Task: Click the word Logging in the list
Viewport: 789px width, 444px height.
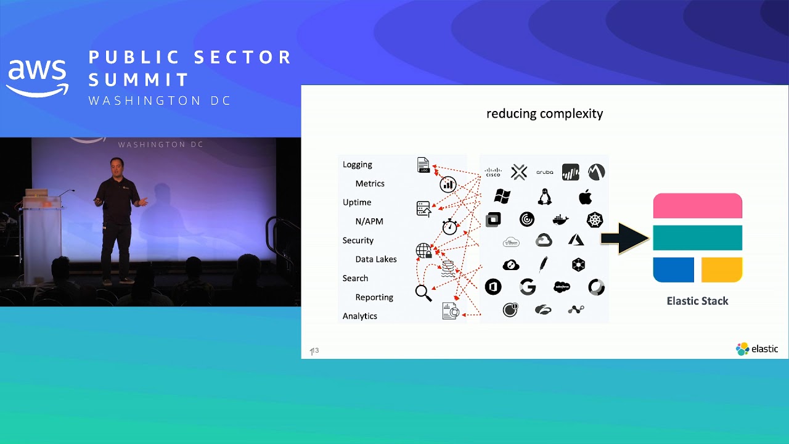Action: [358, 165]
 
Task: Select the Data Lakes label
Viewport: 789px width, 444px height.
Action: [376, 259]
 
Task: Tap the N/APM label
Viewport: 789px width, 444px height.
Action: [369, 221]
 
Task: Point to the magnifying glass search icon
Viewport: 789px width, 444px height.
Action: [423, 293]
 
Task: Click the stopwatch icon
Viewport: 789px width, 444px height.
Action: [450, 226]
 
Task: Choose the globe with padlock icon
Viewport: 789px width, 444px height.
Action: [424, 251]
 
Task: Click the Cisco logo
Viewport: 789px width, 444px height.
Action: [493, 173]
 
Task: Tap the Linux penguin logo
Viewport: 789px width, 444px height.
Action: [544, 197]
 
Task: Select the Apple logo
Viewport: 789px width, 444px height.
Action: [586, 197]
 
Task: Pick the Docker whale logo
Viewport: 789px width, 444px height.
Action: [560, 220]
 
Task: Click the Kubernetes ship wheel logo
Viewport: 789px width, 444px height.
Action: [595, 220]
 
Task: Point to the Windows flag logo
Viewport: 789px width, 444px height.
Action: [502, 197]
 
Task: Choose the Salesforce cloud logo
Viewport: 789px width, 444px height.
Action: [562, 287]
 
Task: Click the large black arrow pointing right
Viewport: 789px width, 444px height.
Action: [624, 238]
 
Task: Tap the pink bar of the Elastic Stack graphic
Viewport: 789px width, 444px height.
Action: [697, 205]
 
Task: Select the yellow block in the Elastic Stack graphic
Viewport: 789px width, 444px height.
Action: [722, 270]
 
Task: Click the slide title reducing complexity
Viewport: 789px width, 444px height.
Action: [544, 113]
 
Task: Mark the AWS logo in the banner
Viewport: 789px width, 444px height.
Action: [37, 77]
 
